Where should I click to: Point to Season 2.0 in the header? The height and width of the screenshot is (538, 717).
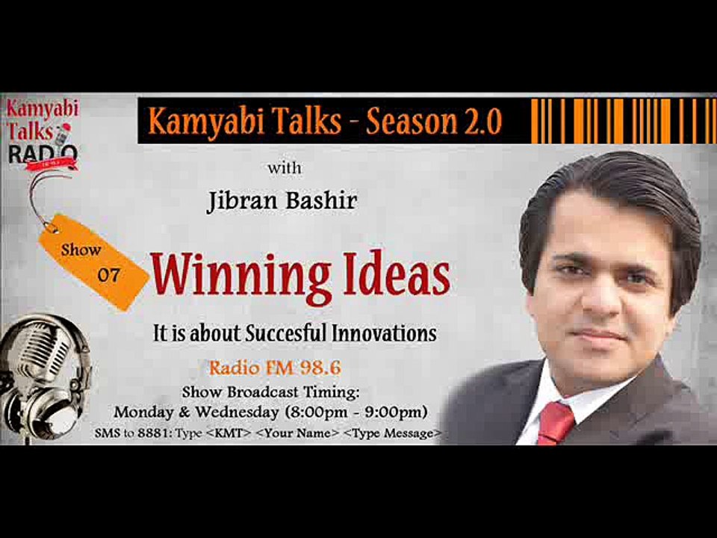[433, 121]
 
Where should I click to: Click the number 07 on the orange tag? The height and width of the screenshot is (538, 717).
[109, 275]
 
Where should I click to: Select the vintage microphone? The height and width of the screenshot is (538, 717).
[41, 374]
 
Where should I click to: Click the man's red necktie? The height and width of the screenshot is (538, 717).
[556, 422]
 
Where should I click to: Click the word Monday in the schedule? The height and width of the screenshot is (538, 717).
[142, 412]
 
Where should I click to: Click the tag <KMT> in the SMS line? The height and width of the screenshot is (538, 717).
[229, 433]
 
